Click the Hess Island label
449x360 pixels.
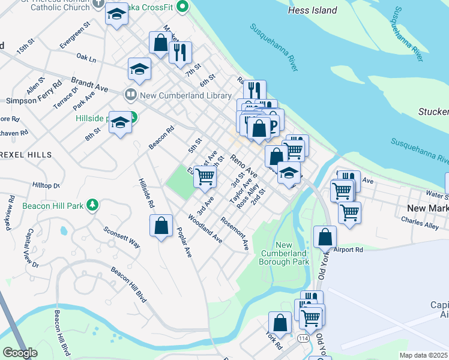point(312,10)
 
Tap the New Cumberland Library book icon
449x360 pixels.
point(130,95)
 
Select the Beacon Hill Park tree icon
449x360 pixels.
point(92,205)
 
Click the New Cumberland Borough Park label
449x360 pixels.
point(284,253)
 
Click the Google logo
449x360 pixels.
point(20,353)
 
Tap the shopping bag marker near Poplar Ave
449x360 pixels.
point(161,226)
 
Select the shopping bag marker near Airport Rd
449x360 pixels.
point(325,237)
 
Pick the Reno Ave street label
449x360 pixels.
point(244,165)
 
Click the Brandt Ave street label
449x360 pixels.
point(89,84)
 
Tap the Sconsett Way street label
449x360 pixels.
point(121,237)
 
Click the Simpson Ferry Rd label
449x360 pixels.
point(34,101)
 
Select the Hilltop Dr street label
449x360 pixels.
point(46,185)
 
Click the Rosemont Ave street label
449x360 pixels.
point(235,233)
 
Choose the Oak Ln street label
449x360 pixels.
point(86,59)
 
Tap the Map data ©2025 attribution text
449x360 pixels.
point(424,355)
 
